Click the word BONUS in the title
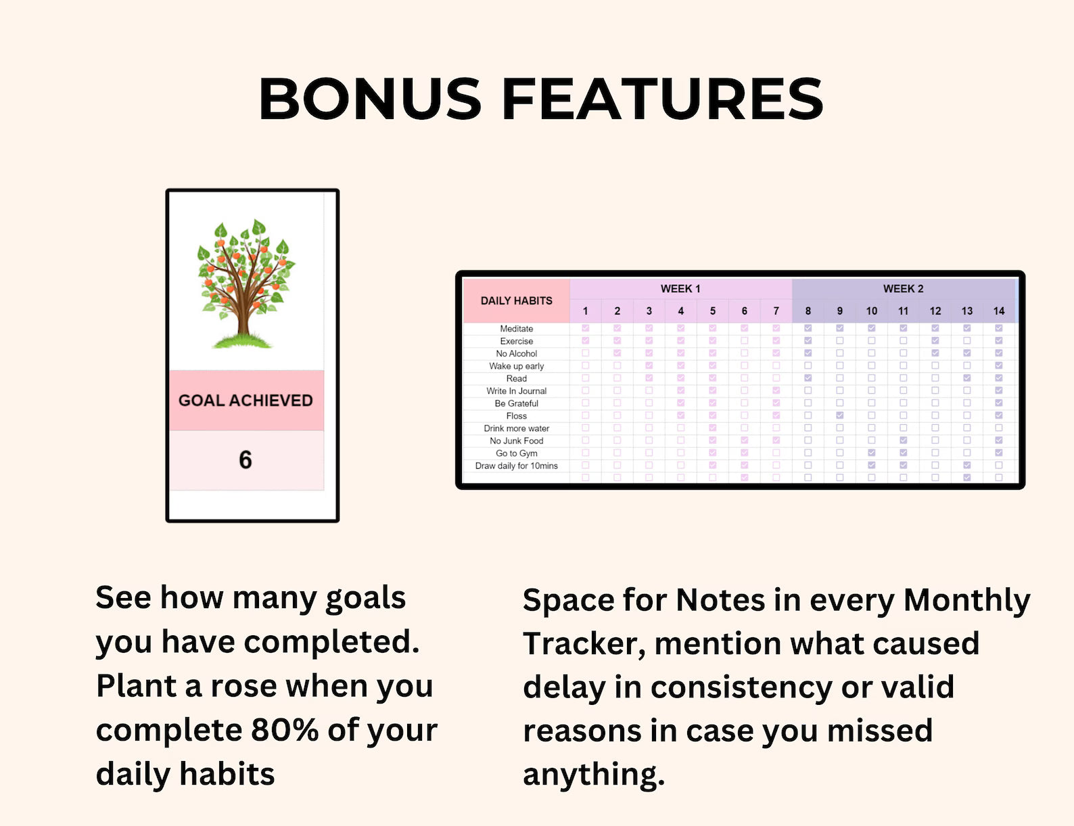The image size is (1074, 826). [370, 98]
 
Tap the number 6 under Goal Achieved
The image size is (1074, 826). [246, 460]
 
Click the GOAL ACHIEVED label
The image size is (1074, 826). [246, 400]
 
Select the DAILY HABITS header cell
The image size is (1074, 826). [517, 300]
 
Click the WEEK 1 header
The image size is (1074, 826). [680, 289]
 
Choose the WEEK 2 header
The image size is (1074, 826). [903, 289]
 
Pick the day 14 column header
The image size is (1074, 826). [999, 311]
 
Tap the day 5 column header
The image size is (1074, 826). [713, 311]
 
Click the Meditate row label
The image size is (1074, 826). [517, 329]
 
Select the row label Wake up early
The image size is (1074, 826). [517, 366]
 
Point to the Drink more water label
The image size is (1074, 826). [517, 429]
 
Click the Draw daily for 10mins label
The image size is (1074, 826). [517, 465]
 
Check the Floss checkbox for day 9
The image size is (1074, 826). [840, 415]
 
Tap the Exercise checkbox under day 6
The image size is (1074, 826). [745, 340]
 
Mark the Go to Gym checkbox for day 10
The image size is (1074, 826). [871, 453]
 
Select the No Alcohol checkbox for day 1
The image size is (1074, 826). [586, 353]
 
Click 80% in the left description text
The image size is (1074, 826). [285, 730]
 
